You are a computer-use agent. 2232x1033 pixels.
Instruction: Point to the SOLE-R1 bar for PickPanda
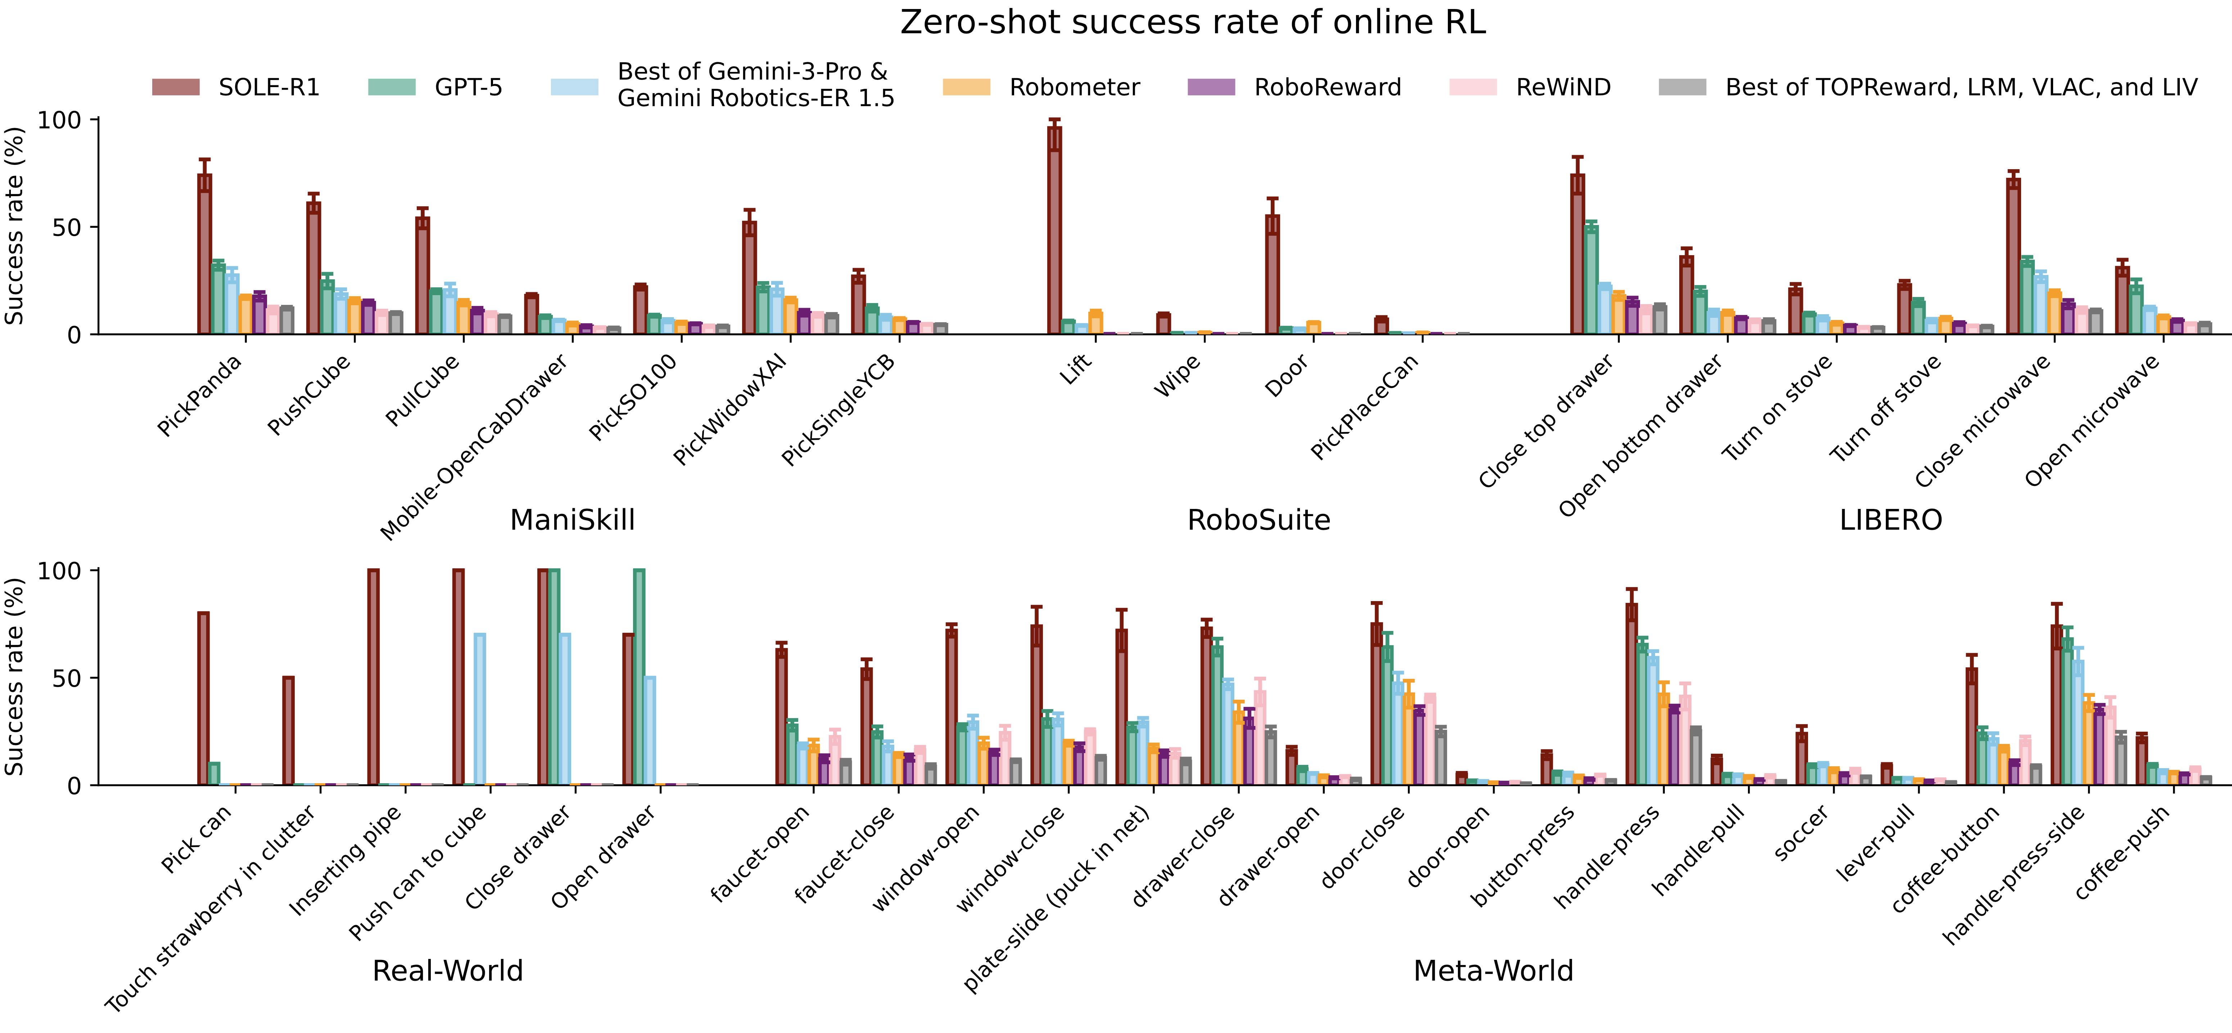204,254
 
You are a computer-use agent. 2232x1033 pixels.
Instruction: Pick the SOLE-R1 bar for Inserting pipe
374,677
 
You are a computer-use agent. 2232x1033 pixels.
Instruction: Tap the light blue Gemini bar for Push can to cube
479,709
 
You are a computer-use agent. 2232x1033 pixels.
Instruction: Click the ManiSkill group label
573,520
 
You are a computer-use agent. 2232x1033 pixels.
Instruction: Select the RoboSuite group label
1258,520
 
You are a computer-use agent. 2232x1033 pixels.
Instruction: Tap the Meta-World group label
1493,971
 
